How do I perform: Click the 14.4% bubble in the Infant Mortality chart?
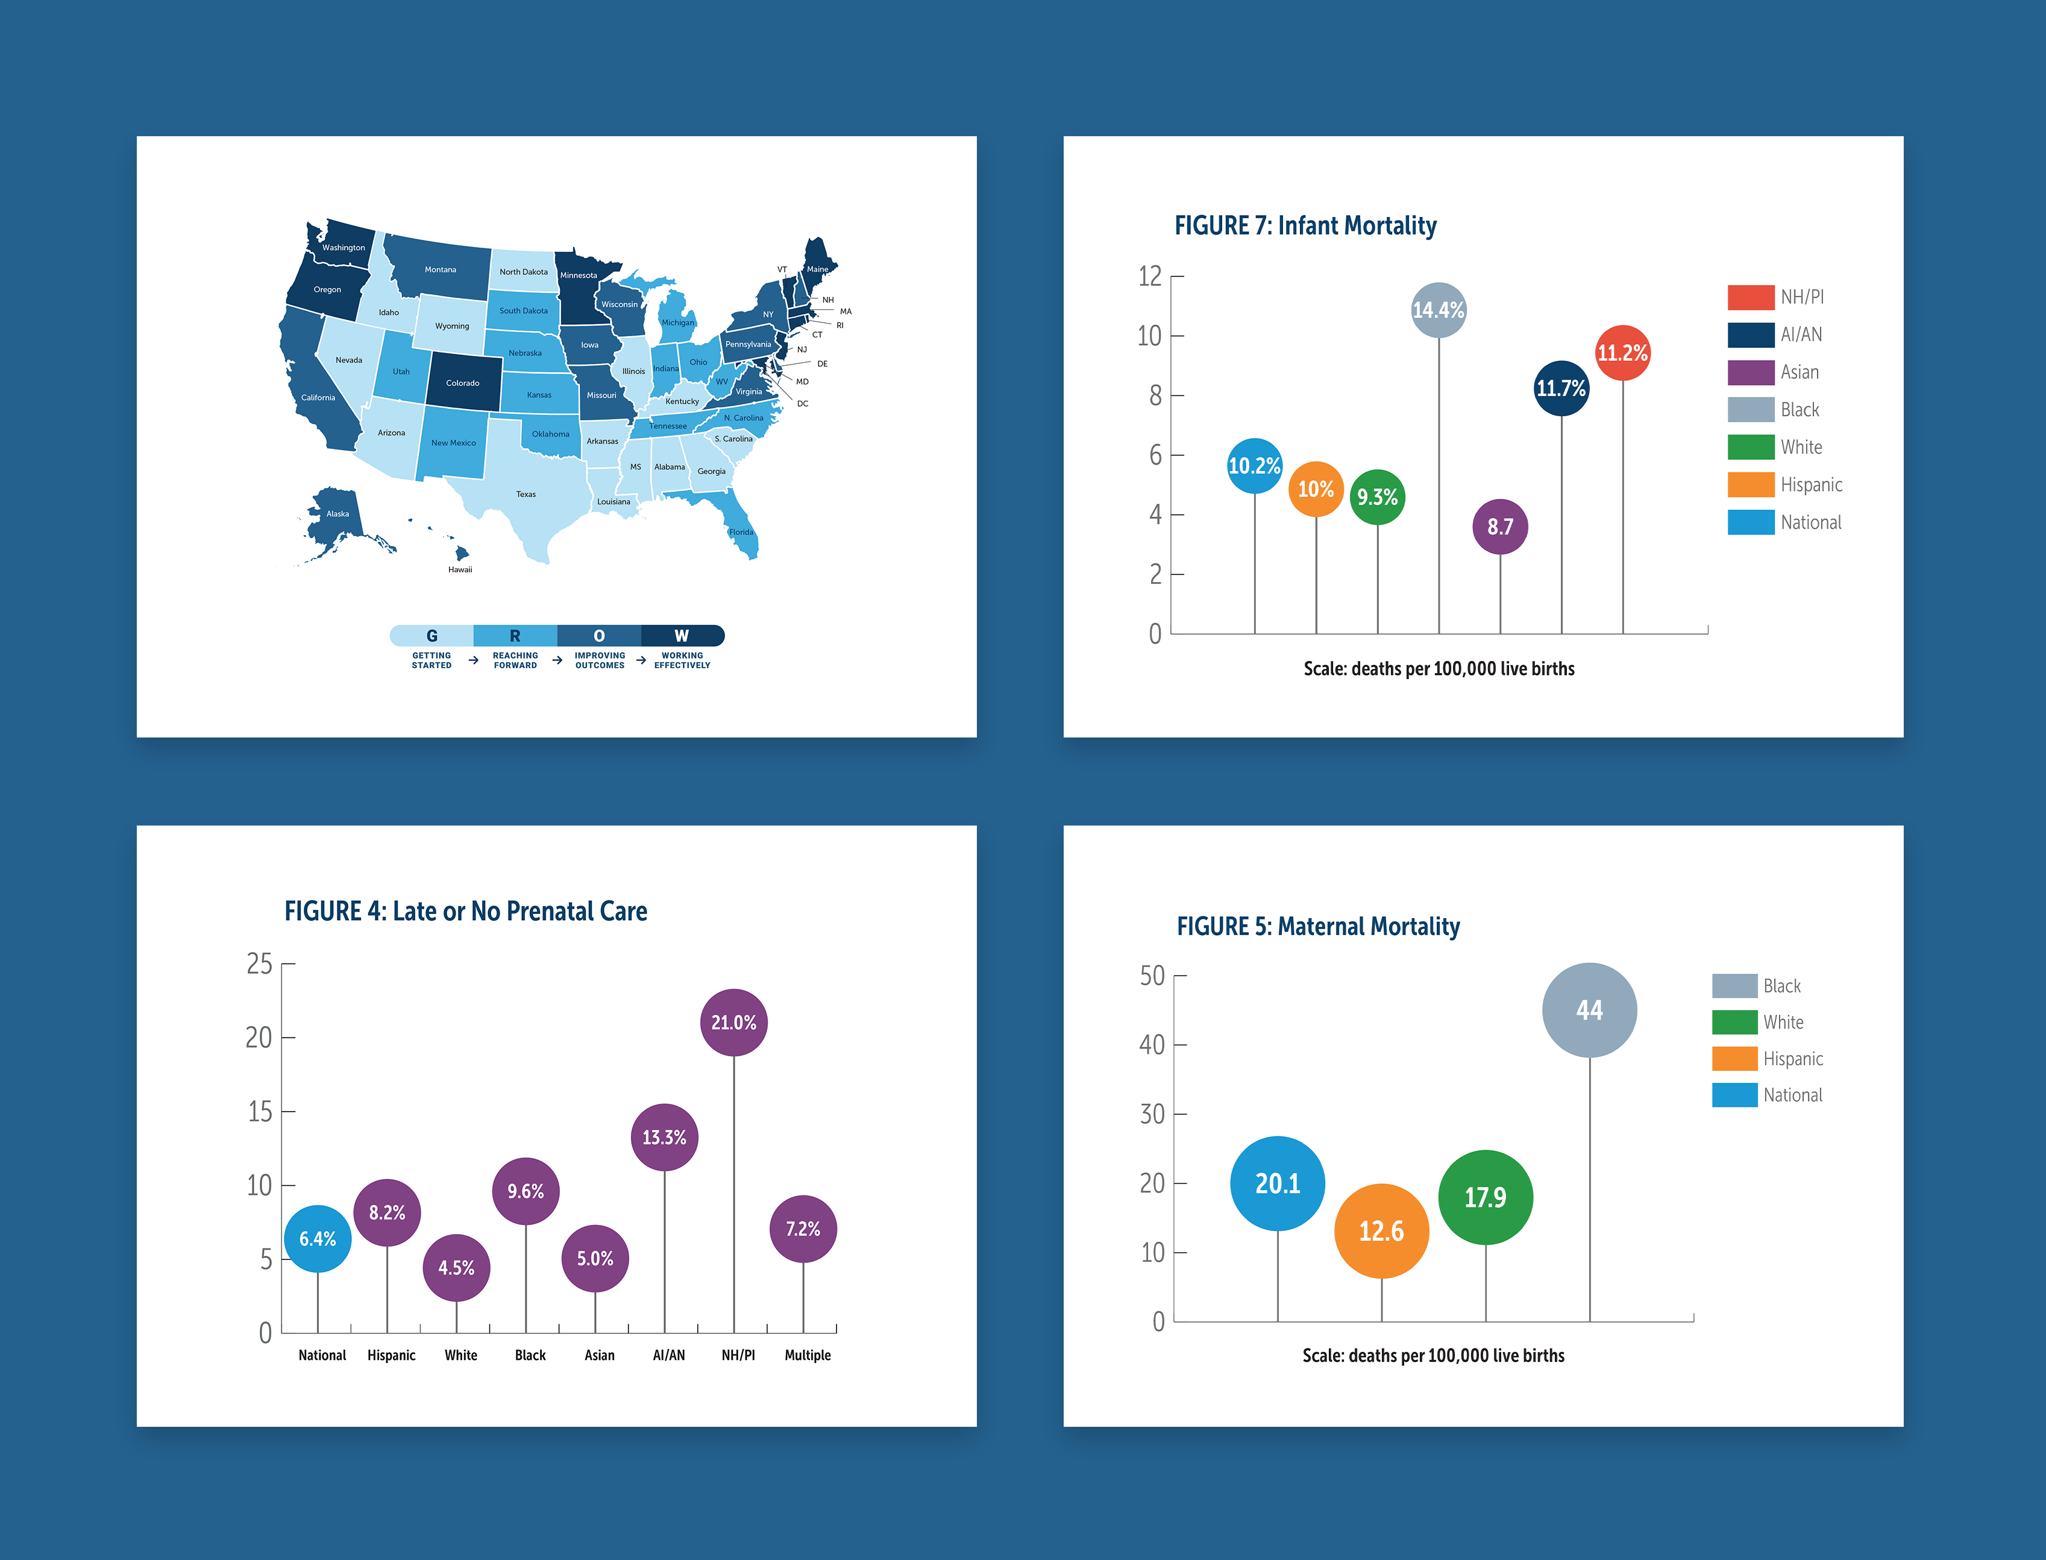tap(1438, 310)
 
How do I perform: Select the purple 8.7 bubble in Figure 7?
tap(1500, 527)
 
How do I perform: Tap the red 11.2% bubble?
tap(1622, 353)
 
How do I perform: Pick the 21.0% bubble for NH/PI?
tap(733, 1023)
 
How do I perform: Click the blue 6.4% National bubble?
tap(318, 1239)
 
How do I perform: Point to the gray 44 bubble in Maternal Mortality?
tap(1589, 1010)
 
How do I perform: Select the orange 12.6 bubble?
tap(1381, 1231)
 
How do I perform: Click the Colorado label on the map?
tap(462, 383)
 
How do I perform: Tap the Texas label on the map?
tap(526, 494)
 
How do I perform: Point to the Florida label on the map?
tap(741, 532)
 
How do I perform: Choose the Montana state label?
tap(440, 269)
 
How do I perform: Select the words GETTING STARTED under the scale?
tap(432, 660)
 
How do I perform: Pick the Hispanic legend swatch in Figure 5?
tap(1734, 1059)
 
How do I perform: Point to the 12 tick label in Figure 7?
tap(1150, 276)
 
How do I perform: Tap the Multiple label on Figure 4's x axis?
tap(807, 1355)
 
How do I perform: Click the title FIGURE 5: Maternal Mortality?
tap(1318, 927)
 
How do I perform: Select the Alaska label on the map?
tap(338, 513)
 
